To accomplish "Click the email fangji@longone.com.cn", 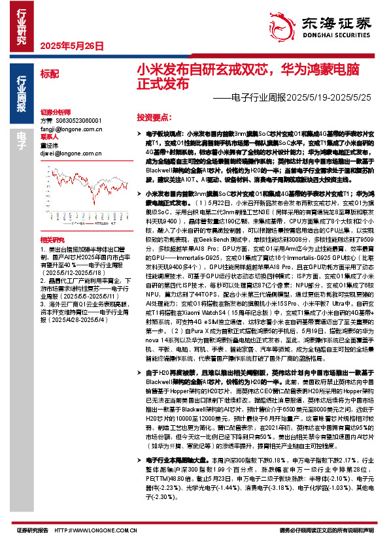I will [x=66, y=129].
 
